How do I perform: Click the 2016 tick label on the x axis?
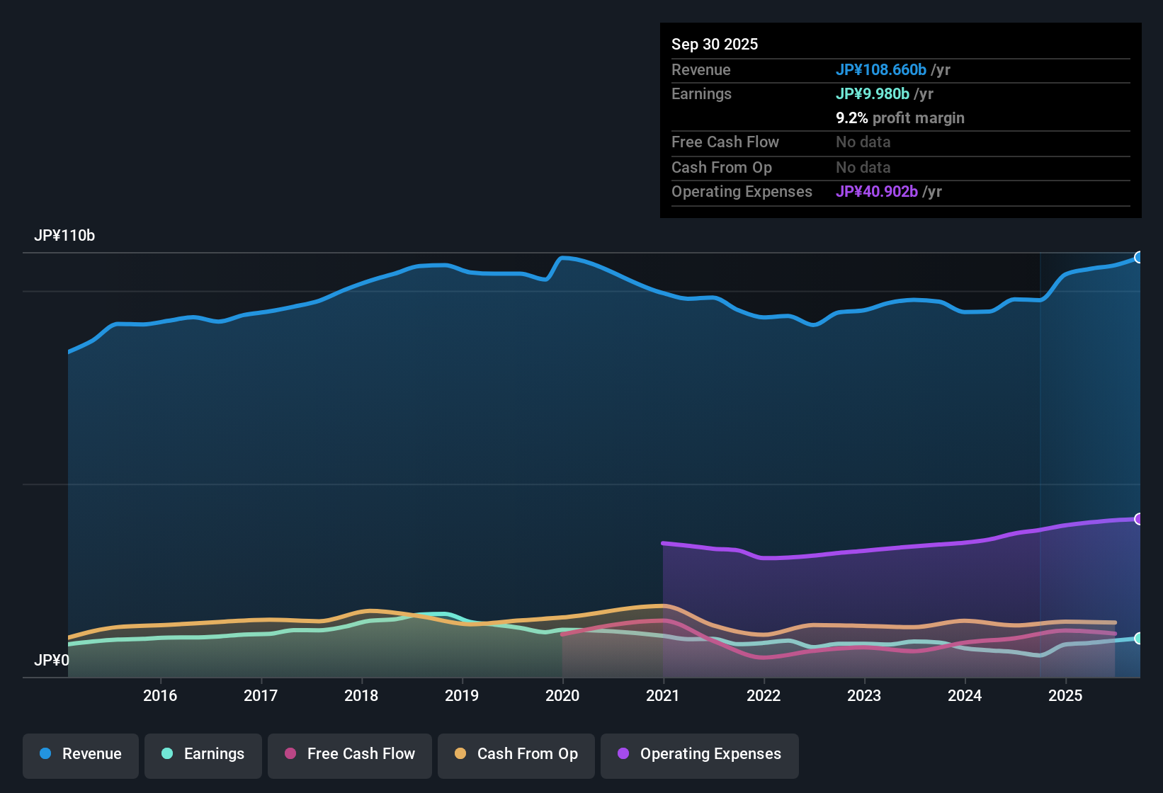[x=160, y=695]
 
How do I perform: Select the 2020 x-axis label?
[x=562, y=695]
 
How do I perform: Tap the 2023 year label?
[x=864, y=695]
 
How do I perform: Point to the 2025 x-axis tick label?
[x=1065, y=695]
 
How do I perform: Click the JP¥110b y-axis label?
[x=64, y=236]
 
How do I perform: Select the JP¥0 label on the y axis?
[x=52, y=661]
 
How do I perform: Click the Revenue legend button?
[x=81, y=754]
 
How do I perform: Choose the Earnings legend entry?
[x=203, y=754]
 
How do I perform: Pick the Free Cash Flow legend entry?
[x=350, y=754]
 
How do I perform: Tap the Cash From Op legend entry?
[x=516, y=754]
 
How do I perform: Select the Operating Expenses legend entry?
[x=700, y=754]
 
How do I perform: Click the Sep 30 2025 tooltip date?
[x=715, y=44]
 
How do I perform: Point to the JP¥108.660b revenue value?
[x=881, y=69]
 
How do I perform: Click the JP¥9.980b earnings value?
[x=873, y=93]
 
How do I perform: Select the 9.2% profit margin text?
[x=900, y=118]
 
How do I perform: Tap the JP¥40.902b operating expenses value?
[x=877, y=192]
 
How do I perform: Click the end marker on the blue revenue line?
[x=1138, y=257]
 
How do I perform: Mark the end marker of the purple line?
[x=1138, y=519]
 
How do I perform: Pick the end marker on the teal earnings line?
[x=1138, y=638]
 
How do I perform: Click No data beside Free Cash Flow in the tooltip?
[x=863, y=142]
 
